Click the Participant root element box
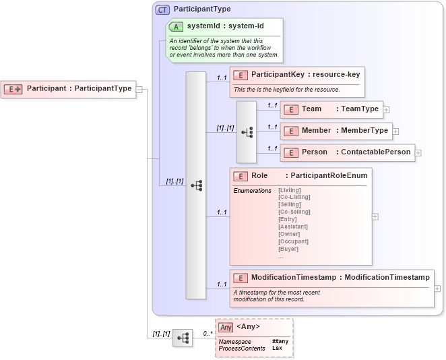(69, 88)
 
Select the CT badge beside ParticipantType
(162, 9)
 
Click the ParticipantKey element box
(297, 75)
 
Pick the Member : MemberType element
(336, 130)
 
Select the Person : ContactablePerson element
(347, 152)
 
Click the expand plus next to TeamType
(387, 109)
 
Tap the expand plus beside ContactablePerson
(418, 152)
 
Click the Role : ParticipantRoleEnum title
(300, 176)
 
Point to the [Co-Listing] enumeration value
(294, 197)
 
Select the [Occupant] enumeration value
(293, 241)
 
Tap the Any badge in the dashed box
(226, 327)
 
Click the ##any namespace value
(280, 341)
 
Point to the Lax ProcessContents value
(277, 348)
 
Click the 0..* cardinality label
(208, 334)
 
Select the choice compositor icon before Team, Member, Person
(247, 132)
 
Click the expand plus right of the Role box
(375, 216)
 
